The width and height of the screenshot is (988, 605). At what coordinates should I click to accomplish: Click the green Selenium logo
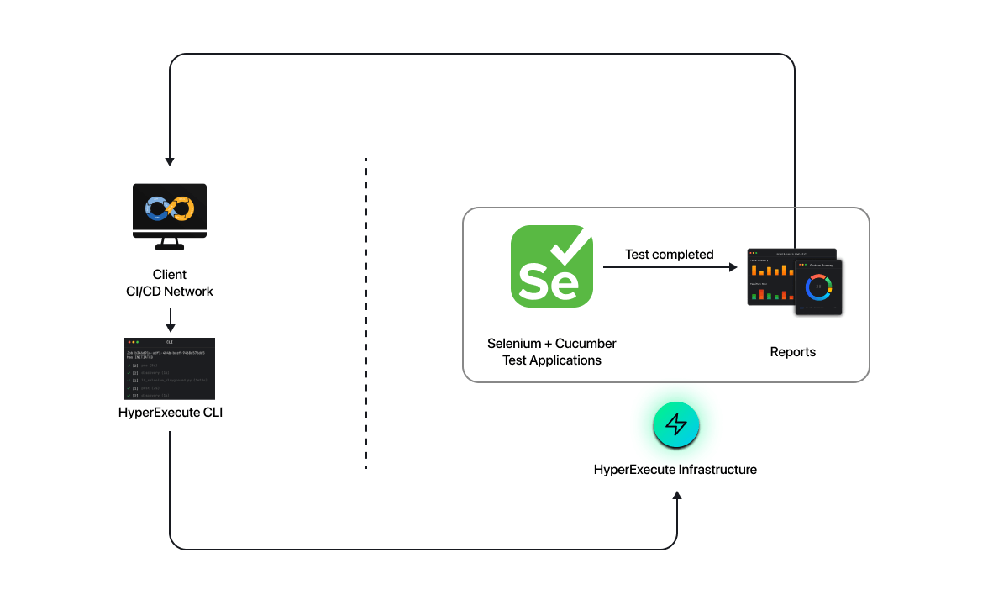(x=552, y=266)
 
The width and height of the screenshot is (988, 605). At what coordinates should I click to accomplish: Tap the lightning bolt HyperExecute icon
(x=676, y=424)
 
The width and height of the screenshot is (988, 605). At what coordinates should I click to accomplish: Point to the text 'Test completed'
(x=669, y=254)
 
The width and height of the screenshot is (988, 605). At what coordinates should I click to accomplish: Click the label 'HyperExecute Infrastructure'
(x=675, y=470)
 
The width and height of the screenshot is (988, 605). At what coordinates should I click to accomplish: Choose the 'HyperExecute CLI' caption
(x=171, y=413)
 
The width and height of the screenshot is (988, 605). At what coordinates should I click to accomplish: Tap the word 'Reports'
(x=792, y=352)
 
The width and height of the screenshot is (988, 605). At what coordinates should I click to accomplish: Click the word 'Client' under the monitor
(x=170, y=275)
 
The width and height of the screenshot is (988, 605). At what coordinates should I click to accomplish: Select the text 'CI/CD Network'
(x=170, y=292)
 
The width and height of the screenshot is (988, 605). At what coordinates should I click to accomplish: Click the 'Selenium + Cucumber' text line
(x=552, y=344)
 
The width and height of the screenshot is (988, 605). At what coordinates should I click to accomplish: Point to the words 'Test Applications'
(x=552, y=360)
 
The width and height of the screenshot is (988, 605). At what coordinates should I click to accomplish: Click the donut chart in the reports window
(x=817, y=287)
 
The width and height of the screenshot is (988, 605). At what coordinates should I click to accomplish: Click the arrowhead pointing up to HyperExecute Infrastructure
(x=677, y=496)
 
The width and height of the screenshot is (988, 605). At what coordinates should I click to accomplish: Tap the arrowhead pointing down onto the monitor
(x=170, y=160)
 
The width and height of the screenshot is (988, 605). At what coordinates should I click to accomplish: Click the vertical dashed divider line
(x=366, y=312)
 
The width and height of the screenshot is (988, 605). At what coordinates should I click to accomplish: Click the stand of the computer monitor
(x=170, y=245)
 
